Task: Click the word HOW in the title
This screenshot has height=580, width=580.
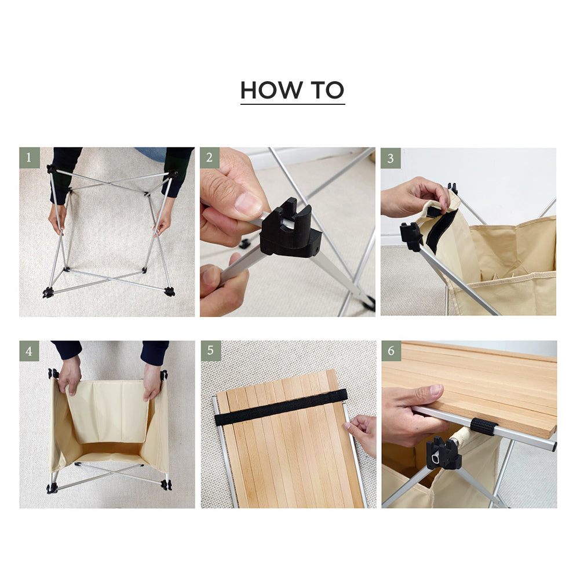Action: (x=271, y=90)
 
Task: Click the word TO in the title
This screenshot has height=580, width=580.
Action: (x=327, y=90)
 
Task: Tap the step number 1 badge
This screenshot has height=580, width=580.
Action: (x=29, y=158)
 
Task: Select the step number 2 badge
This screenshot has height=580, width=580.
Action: (x=210, y=158)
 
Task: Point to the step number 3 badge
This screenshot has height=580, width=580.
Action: (x=391, y=158)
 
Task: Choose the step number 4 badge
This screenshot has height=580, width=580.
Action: (x=29, y=351)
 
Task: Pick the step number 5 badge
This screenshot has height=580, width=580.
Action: (x=210, y=351)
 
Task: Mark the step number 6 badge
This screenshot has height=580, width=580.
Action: (x=391, y=351)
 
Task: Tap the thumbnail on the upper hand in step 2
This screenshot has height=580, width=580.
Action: (x=249, y=202)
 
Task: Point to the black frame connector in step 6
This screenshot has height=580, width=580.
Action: (x=443, y=453)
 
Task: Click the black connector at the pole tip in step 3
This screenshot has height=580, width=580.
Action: (x=411, y=237)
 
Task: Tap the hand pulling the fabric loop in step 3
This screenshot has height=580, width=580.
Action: (x=414, y=197)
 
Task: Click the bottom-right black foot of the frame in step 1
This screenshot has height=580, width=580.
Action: (x=169, y=291)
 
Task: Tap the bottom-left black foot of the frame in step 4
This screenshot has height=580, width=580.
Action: (x=52, y=488)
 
